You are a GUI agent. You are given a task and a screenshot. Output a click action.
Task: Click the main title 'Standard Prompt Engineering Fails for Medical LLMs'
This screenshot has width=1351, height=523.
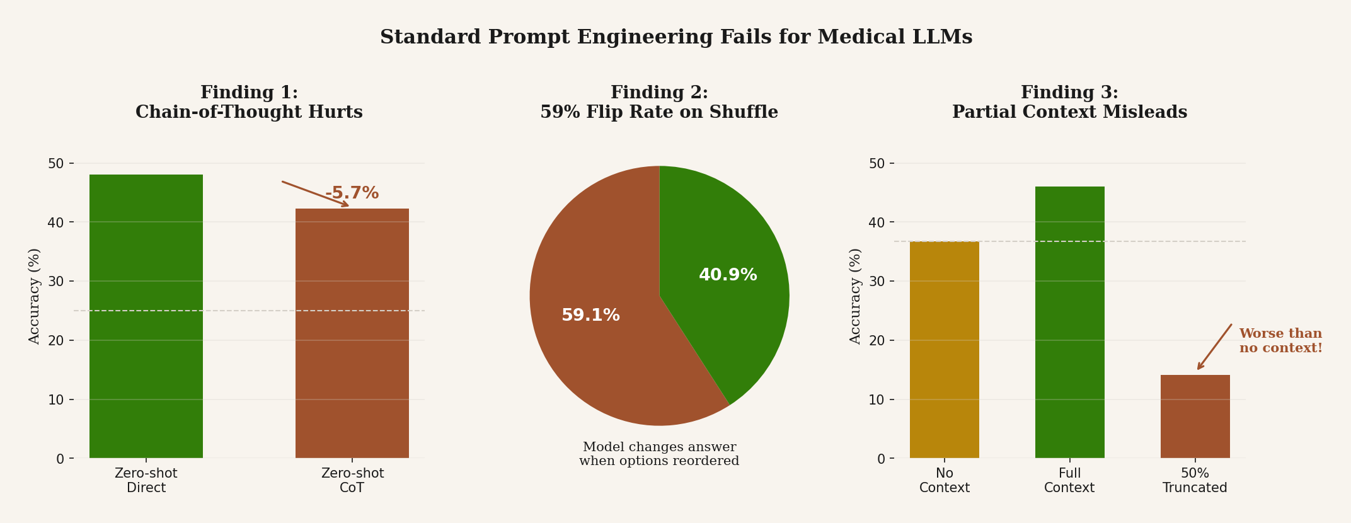[675, 38]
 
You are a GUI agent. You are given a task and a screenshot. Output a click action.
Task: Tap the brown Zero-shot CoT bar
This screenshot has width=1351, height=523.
[352, 333]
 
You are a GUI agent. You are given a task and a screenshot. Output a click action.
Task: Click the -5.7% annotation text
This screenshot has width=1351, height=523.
[352, 193]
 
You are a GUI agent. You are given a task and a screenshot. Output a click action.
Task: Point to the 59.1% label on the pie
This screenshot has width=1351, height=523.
[590, 316]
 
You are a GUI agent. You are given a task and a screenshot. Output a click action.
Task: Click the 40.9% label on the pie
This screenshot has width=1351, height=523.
[728, 275]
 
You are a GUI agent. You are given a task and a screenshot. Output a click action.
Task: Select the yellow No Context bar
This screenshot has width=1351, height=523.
[944, 350]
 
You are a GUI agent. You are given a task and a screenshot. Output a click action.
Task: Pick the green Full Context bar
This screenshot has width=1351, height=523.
[1069, 322]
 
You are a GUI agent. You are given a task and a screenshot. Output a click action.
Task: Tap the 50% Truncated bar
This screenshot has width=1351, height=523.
[1195, 417]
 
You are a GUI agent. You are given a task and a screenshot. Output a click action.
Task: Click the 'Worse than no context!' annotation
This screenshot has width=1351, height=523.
[1280, 341]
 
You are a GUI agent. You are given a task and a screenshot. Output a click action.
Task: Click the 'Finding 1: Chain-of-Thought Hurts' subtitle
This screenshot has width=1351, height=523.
[249, 103]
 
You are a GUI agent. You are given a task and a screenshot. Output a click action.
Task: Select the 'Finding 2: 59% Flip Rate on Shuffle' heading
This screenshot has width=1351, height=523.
[659, 103]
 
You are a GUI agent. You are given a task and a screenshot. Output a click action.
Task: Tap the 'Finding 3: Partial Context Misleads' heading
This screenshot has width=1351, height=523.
[1069, 103]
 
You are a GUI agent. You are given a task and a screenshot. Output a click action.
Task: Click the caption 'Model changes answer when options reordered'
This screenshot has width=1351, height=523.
[659, 454]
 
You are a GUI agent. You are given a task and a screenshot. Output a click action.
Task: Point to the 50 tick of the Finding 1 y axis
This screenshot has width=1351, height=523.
[56, 164]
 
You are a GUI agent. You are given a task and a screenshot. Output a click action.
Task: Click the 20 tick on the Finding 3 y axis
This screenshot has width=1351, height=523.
[877, 341]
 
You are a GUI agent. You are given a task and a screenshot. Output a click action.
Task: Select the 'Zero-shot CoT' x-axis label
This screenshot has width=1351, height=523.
[352, 481]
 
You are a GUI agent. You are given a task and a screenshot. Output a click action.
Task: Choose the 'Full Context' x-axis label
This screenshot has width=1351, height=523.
[1069, 481]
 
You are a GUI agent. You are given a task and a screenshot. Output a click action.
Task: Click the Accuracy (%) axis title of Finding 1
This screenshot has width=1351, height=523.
[35, 296]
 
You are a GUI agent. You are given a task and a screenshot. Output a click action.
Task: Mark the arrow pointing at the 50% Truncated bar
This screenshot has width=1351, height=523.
[1214, 347]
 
